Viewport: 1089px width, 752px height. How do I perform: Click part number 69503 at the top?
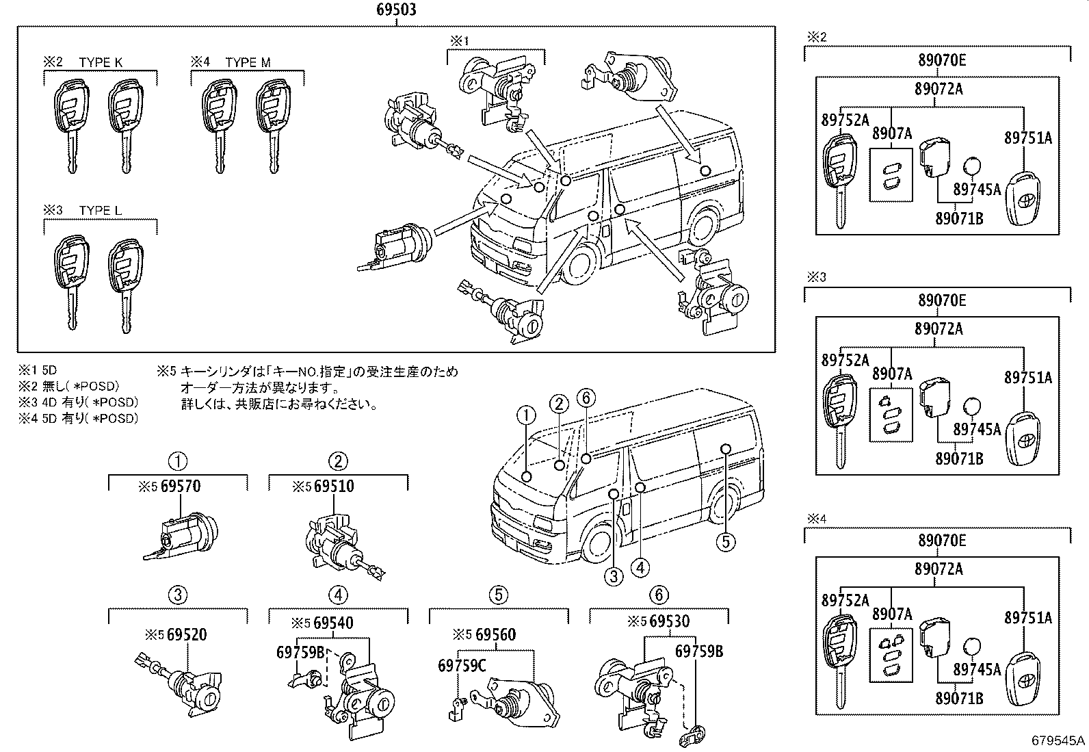[396, 10]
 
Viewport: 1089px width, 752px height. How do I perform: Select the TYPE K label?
[101, 62]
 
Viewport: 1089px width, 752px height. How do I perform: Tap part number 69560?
[495, 635]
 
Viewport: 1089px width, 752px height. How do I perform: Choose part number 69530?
[669, 622]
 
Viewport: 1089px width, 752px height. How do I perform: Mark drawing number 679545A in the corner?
[1059, 740]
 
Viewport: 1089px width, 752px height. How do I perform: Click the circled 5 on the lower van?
[726, 543]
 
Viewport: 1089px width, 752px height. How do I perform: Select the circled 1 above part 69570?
[178, 461]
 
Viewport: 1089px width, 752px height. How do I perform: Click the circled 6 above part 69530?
[659, 595]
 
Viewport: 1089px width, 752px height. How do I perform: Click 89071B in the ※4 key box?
[959, 698]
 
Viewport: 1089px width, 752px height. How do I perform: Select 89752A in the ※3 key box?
[845, 360]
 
